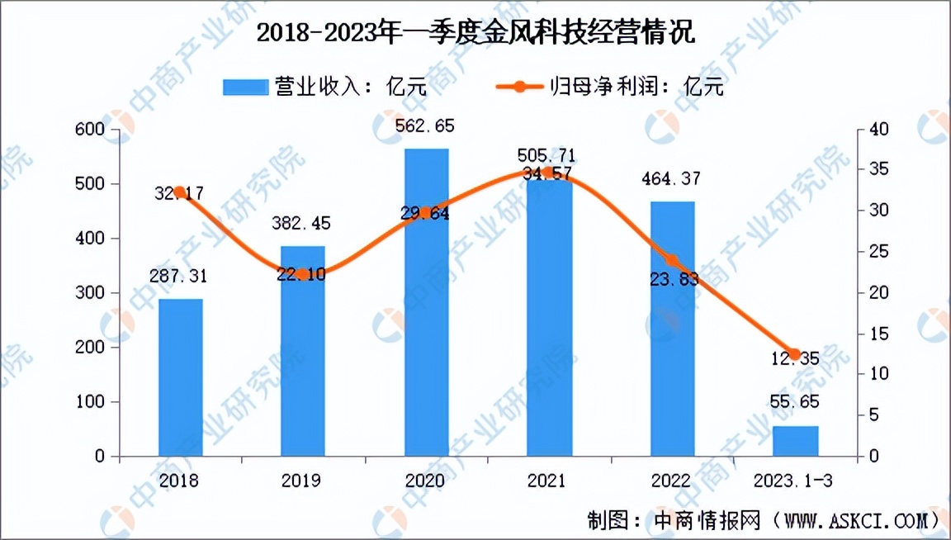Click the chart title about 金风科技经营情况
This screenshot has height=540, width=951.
click(475, 33)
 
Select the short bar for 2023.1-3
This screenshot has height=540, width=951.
click(795, 441)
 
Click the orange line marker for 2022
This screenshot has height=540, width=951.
click(672, 261)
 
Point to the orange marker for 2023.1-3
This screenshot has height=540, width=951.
click(795, 354)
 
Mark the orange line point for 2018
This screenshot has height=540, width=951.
click(180, 192)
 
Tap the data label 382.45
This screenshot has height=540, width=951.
click(303, 225)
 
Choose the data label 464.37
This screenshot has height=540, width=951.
click(672, 179)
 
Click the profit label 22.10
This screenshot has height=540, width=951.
click(302, 275)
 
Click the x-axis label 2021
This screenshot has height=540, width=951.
click(549, 481)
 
